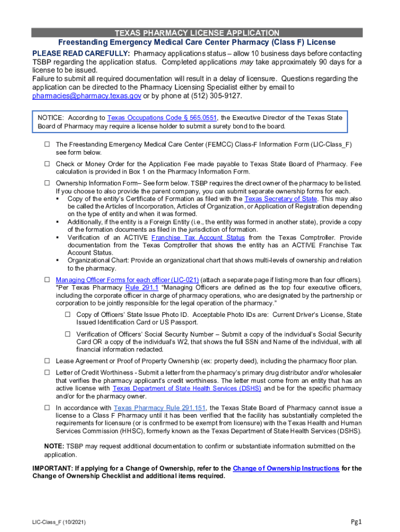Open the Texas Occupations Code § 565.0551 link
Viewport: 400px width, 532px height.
tap(162, 118)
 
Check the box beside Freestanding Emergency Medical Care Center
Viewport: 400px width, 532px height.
tap(46, 144)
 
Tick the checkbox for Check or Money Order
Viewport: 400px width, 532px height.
tap(46, 164)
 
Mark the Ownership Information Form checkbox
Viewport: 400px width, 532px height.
tap(46, 183)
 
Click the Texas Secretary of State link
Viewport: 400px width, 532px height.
tap(281, 199)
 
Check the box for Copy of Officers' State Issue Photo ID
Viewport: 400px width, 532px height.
tap(68, 315)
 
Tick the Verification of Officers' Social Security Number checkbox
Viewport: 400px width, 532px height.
tap(68, 334)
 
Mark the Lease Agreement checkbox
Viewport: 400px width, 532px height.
tap(46, 361)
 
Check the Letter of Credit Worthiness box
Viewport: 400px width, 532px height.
tap(46, 373)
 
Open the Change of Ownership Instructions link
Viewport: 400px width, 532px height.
tap(286, 469)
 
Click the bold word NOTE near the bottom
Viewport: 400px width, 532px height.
tap(54, 446)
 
